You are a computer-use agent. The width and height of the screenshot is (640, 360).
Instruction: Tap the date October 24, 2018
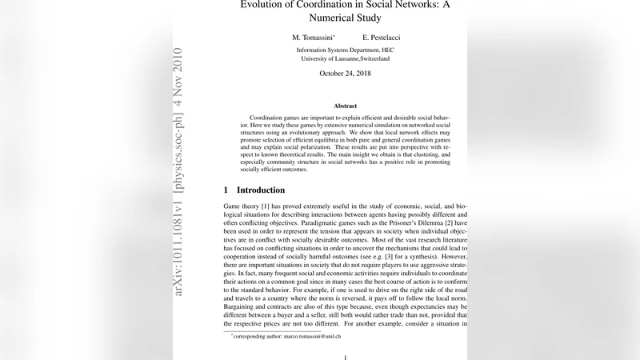pyautogui.click(x=346, y=74)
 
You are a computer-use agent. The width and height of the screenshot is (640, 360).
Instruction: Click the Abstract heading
pyautogui.click(x=346, y=106)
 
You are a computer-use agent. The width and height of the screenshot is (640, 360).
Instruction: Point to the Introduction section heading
pyautogui.click(x=261, y=190)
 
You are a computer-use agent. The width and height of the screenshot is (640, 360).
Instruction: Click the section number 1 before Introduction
pyautogui.click(x=226, y=190)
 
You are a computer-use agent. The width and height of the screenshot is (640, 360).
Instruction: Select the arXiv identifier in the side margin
pyautogui.click(x=178, y=171)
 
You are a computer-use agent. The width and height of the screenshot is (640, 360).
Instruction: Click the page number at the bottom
pyautogui.click(x=346, y=357)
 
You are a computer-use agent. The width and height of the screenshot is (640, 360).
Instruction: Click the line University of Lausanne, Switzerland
pyautogui.click(x=346, y=58)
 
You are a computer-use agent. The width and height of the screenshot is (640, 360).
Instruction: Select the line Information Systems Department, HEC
pyautogui.click(x=346, y=50)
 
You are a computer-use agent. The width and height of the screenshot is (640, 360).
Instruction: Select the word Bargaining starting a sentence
pyautogui.click(x=242, y=306)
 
